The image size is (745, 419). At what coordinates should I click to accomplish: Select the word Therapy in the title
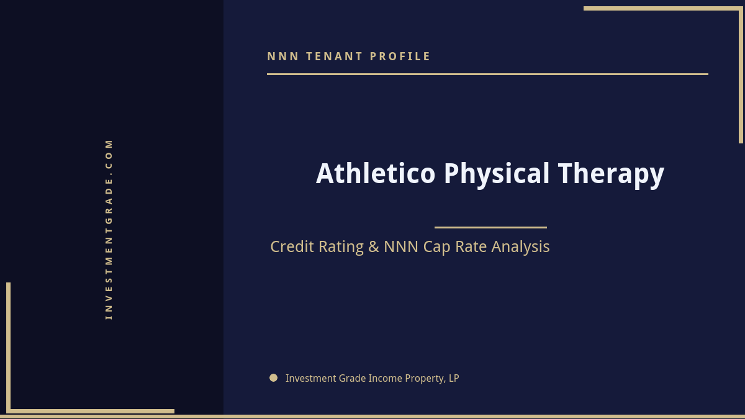click(611, 173)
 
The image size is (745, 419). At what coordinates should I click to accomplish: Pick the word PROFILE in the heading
click(400, 56)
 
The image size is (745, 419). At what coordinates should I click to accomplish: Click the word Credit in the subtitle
click(292, 246)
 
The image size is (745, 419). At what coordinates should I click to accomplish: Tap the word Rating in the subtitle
click(341, 246)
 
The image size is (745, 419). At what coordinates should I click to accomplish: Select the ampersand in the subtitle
click(373, 246)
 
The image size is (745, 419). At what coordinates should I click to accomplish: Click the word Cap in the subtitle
click(436, 246)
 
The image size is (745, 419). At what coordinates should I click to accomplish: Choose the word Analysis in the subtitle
click(520, 246)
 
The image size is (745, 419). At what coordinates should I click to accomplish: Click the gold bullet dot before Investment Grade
click(273, 377)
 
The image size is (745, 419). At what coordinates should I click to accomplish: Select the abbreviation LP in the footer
click(454, 378)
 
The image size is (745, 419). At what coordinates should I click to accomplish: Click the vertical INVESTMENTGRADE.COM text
click(109, 229)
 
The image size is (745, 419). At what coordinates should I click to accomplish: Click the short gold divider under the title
click(490, 227)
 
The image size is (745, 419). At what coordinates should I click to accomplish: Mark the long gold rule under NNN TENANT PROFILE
click(487, 74)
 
